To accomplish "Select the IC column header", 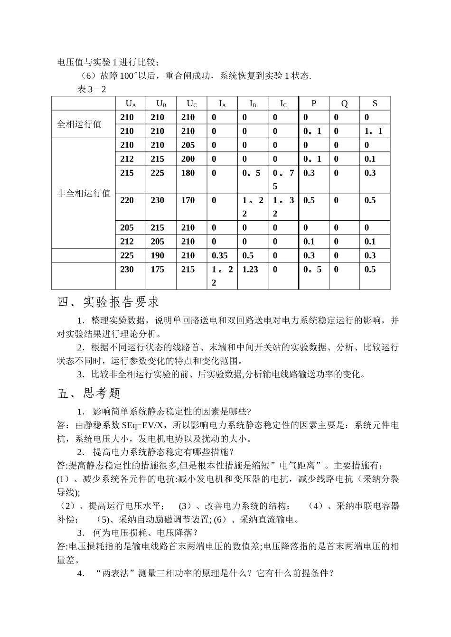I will pyautogui.click(x=283, y=103).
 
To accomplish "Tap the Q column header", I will pyautogui.click(x=344, y=103).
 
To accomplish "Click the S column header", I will pyautogui.click(x=375, y=103).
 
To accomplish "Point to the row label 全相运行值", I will pyautogui.click(x=79, y=124).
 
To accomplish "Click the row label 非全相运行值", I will pyautogui.click(x=84, y=193).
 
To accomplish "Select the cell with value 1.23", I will pyautogui.click(x=250, y=269).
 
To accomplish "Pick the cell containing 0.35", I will pyautogui.click(x=220, y=255).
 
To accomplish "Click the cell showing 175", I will pyautogui.click(x=158, y=269).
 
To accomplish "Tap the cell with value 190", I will pyautogui.click(x=158, y=255).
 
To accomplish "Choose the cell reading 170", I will pyautogui.click(x=188, y=200).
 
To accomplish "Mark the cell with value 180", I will pyautogui.click(x=188, y=173).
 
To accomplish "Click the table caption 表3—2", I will pyautogui.click(x=91, y=89).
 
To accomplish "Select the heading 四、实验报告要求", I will pyautogui.click(x=108, y=302).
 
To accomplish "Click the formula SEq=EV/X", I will pyautogui.click(x=145, y=425).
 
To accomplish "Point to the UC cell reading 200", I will pyautogui.click(x=188, y=159).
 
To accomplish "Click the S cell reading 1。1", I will pyautogui.click(x=374, y=131).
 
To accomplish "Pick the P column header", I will pyautogui.click(x=314, y=103).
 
